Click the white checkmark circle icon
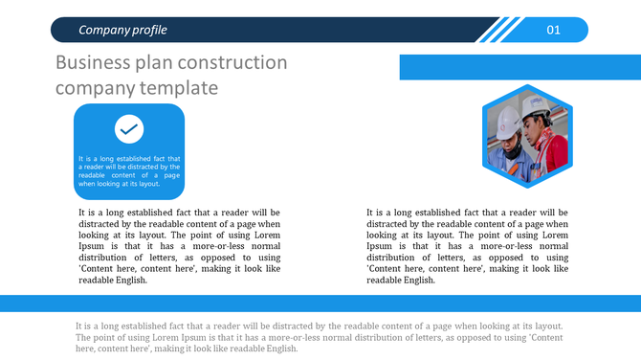click(x=129, y=128)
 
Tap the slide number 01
click(x=553, y=30)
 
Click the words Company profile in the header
click(x=122, y=30)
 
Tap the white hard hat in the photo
click(x=507, y=120)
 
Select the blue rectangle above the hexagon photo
click(x=519, y=67)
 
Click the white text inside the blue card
click(x=129, y=170)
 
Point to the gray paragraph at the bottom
click(x=319, y=337)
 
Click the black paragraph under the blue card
click(x=179, y=246)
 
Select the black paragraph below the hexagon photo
click(x=467, y=246)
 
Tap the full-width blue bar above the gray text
click(x=320, y=303)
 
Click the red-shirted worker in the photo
click(x=550, y=148)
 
